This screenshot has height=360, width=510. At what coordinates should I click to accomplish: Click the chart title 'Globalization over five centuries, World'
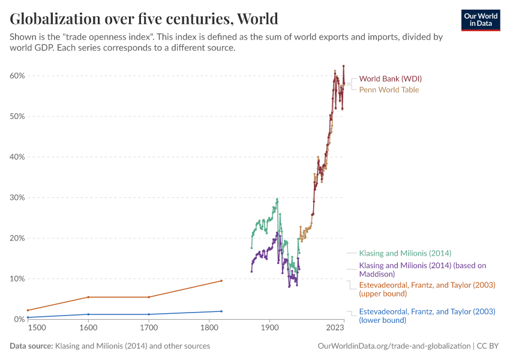coord(144,19)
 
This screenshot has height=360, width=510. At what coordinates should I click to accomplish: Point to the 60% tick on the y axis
coord(17,76)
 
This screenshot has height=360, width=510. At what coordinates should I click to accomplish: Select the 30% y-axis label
coord(17,197)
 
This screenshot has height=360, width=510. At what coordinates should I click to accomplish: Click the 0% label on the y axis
coord(19,319)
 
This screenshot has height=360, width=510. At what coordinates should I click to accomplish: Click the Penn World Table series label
coord(389,89)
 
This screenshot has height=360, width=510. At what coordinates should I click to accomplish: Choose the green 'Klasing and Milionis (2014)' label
coord(405,253)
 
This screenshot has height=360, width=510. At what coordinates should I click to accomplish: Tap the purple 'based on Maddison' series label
coord(422,269)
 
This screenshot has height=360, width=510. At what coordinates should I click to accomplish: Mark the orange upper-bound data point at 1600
coord(88,297)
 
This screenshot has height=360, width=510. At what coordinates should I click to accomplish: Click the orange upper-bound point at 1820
coord(221,281)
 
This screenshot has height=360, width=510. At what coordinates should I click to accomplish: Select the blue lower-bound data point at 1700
coord(149,314)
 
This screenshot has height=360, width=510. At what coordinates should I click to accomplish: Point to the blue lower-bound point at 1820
coord(221,311)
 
